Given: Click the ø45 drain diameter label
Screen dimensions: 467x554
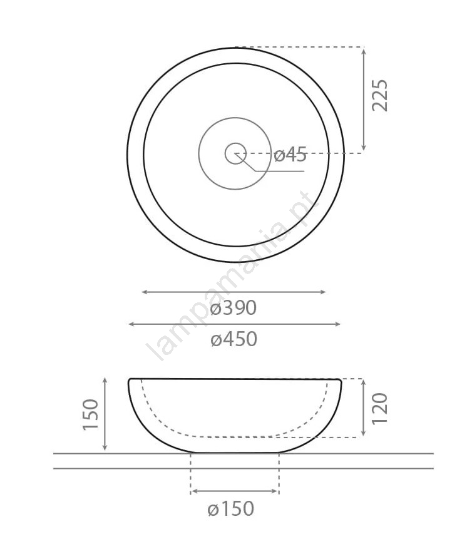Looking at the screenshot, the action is pos(290,155).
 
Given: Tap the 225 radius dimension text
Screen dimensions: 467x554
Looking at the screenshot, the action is pos(380,95).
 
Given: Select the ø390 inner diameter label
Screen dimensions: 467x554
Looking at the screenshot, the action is pos(233,308).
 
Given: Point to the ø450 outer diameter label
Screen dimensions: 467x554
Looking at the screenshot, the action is pos(234,339).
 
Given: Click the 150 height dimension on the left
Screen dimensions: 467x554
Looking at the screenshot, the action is pos(90,414).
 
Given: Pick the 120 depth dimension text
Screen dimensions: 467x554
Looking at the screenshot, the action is pos(380,408).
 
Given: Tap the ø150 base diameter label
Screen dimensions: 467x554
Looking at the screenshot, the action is pos(230,509).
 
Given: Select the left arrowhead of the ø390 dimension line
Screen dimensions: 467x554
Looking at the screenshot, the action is pos(145,292).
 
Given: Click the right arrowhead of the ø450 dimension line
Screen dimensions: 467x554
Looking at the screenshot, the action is pos(337,324).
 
